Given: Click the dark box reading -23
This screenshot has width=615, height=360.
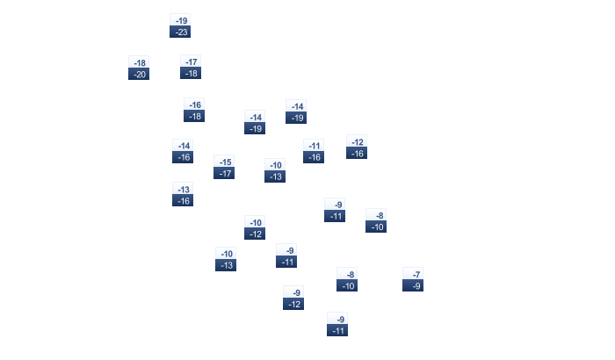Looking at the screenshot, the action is pyautogui.click(x=180, y=32).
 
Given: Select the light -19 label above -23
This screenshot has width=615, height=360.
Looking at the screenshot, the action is pyautogui.click(x=180, y=20).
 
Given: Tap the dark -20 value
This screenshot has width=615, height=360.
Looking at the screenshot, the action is pyautogui.click(x=139, y=74).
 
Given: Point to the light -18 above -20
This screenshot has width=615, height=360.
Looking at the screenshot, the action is pyautogui.click(x=139, y=62).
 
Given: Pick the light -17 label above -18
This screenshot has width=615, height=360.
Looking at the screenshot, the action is pyautogui.click(x=191, y=61).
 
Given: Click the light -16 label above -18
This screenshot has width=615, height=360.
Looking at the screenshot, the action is pyautogui.click(x=194, y=104).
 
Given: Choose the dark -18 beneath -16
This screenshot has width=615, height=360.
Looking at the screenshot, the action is pyautogui.click(x=194, y=116).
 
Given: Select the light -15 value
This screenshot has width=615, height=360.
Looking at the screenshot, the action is pyautogui.click(x=224, y=162).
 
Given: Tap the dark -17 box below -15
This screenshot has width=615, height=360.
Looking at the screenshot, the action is pyautogui.click(x=224, y=173).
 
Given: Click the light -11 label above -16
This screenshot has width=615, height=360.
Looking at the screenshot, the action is pyautogui.click(x=314, y=145).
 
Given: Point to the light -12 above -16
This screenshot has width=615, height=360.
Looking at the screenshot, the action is pyautogui.click(x=357, y=141).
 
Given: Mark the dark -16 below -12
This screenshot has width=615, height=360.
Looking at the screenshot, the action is pyautogui.click(x=357, y=153).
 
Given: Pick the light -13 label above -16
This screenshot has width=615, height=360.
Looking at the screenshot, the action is pyautogui.click(x=183, y=189).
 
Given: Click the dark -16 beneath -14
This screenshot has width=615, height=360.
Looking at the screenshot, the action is pyautogui.click(x=183, y=157).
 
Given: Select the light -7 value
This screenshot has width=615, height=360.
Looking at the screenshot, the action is pyautogui.click(x=413, y=274).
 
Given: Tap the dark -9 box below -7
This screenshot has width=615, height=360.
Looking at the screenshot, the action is pyautogui.click(x=413, y=285).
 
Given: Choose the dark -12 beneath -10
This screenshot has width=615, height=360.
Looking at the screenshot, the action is pyautogui.click(x=255, y=234).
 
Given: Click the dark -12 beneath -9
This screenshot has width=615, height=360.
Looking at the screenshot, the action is pyautogui.click(x=293, y=304).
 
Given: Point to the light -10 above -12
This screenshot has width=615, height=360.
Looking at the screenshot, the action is pyautogui.click(x=255, y=222).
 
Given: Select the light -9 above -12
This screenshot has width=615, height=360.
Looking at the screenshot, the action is pyautogui.click(x=293, y=292).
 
